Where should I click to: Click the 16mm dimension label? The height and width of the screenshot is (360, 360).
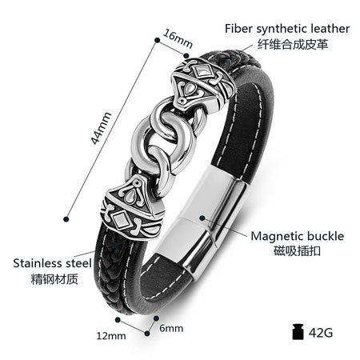pos(178,39)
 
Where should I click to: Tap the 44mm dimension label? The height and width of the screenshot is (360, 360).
pos(101,128)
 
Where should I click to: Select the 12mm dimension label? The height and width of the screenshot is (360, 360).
pos(111,336)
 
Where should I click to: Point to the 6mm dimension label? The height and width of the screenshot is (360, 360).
pos(171,328)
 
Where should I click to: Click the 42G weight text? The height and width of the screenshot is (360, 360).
pos(321,333)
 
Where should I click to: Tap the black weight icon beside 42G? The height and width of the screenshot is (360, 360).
pos(298,332)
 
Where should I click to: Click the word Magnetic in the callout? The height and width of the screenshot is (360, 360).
pos(277,236)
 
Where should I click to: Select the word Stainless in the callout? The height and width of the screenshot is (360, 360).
pos(38,263)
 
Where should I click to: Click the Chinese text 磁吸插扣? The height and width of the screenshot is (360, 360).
pos(297,250)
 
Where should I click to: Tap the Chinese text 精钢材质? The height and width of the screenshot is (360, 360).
pos(54,279)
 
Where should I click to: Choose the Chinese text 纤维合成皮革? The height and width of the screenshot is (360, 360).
pos(293,44)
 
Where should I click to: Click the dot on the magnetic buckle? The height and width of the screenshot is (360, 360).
pos(202,218)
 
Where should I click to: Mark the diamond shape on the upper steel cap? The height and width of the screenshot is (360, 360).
pos(202,71)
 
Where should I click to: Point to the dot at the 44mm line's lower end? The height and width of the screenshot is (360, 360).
pos(66,219)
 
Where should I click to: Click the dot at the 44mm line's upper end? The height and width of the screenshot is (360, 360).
pos(158,40)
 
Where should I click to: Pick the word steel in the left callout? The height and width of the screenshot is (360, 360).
pos(78,263)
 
